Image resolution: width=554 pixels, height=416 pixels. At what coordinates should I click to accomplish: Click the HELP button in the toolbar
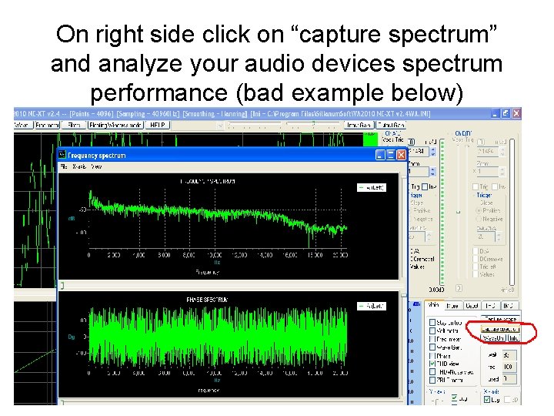[159, 125]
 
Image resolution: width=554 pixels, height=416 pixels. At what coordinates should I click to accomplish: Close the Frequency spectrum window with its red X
[400, 155]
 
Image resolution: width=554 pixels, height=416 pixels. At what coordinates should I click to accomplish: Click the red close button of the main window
[516, 113]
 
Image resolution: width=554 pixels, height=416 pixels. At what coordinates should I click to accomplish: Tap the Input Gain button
[356, 125]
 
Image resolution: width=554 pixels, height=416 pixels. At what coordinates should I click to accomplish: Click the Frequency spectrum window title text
[97, 156]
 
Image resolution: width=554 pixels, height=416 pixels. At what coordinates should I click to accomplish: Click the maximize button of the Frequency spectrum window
[389, 155]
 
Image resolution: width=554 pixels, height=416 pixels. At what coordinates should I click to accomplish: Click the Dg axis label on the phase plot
[72, 337]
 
